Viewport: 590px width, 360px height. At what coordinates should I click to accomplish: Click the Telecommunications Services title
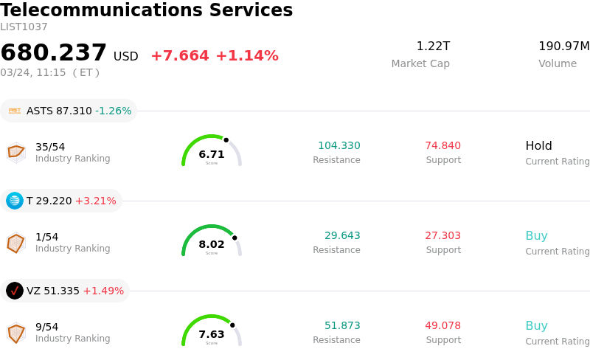pos(147,10)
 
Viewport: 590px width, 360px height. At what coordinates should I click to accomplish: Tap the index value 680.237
pos(54,53)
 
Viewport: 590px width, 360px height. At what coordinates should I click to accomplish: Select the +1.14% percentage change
pos(246,56)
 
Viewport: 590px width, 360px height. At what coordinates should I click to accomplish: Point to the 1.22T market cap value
pos(433,46)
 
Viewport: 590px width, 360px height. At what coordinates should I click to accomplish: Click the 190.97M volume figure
pos(563,46)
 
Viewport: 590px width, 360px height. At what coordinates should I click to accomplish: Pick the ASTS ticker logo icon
pos(15,111)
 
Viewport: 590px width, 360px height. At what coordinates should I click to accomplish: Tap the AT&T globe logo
pos(15,201)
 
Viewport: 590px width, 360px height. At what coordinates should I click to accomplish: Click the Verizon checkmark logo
pos(15,291)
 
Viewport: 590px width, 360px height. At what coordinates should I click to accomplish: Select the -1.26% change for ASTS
pos(113,111)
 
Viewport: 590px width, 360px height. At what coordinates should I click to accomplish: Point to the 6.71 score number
pos(212,154)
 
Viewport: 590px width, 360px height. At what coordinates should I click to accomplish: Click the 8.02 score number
pos(212,244)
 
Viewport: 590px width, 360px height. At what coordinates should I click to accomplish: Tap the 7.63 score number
pos(212,334)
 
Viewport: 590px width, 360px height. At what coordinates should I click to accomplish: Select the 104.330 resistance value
pos(339,145)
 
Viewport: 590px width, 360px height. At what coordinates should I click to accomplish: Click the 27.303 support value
pos(442,235)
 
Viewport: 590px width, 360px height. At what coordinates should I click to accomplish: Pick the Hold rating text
pos(538,145)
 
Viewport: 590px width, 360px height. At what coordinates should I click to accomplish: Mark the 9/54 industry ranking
pos(46,327)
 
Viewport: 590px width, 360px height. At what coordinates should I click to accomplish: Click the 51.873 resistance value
pos(342,325)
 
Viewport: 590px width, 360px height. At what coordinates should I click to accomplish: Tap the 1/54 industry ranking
pos(46,237)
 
